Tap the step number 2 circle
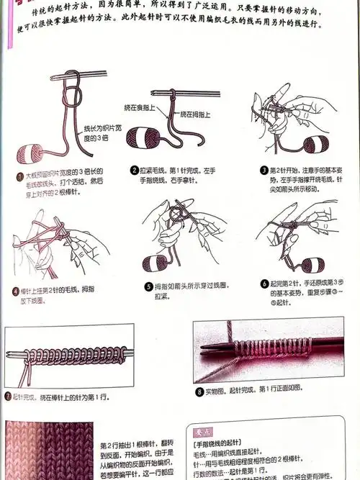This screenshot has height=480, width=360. pos(135,170)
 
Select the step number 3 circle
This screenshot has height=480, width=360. pos(264,170)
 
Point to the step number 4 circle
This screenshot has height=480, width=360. pos(16,291)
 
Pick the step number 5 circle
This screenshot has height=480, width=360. pos(148,286)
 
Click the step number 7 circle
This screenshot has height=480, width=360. pos(6,396)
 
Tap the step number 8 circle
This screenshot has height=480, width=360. pos(199,391)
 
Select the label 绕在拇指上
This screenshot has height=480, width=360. pos(197,114)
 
